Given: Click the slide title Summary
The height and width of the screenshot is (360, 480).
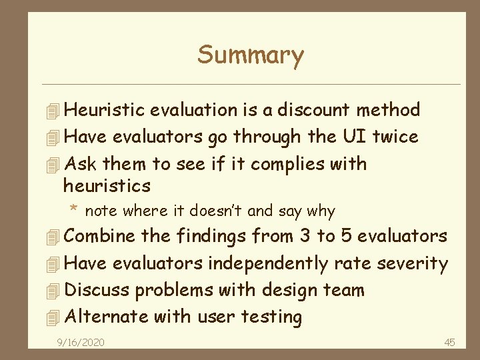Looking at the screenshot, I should coord(250,55).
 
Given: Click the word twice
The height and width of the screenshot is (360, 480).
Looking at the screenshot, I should coord(395,137).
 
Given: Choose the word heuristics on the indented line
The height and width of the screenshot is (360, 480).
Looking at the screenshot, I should coord(107,185).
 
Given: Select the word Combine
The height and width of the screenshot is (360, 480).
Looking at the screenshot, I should coord(99,236).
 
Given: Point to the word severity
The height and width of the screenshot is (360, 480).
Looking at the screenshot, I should coord(413,263).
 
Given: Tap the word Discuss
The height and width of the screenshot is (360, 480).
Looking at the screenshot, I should coord(96,290).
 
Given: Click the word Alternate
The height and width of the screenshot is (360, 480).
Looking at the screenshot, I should coord(105,317).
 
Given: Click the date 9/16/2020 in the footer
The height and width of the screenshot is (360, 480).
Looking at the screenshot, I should coord(80,343).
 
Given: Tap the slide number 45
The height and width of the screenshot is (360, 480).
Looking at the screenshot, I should coord(449,343).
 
